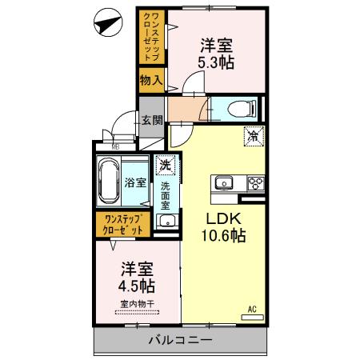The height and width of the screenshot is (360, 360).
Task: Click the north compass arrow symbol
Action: tap(106, 24)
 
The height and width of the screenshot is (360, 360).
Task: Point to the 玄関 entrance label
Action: tap(153, 121)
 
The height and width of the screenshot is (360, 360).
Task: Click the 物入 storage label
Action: tap(151, 80)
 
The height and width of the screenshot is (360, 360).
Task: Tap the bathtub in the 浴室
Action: tap(108, 182)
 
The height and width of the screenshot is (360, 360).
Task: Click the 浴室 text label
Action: tap(135, 182)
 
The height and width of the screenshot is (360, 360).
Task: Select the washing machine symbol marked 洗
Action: tap(166, 166)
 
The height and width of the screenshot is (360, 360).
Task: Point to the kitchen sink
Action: tap(223, 183)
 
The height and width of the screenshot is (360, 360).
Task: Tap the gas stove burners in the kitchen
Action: tap(255, 183)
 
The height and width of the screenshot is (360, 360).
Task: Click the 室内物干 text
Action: tap(138, 303)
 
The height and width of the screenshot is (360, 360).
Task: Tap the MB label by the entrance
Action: tap(115, 146)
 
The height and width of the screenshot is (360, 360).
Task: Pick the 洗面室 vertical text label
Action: tap(166, 197)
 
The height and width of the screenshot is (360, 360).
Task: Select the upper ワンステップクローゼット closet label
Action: tap(151, 35)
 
